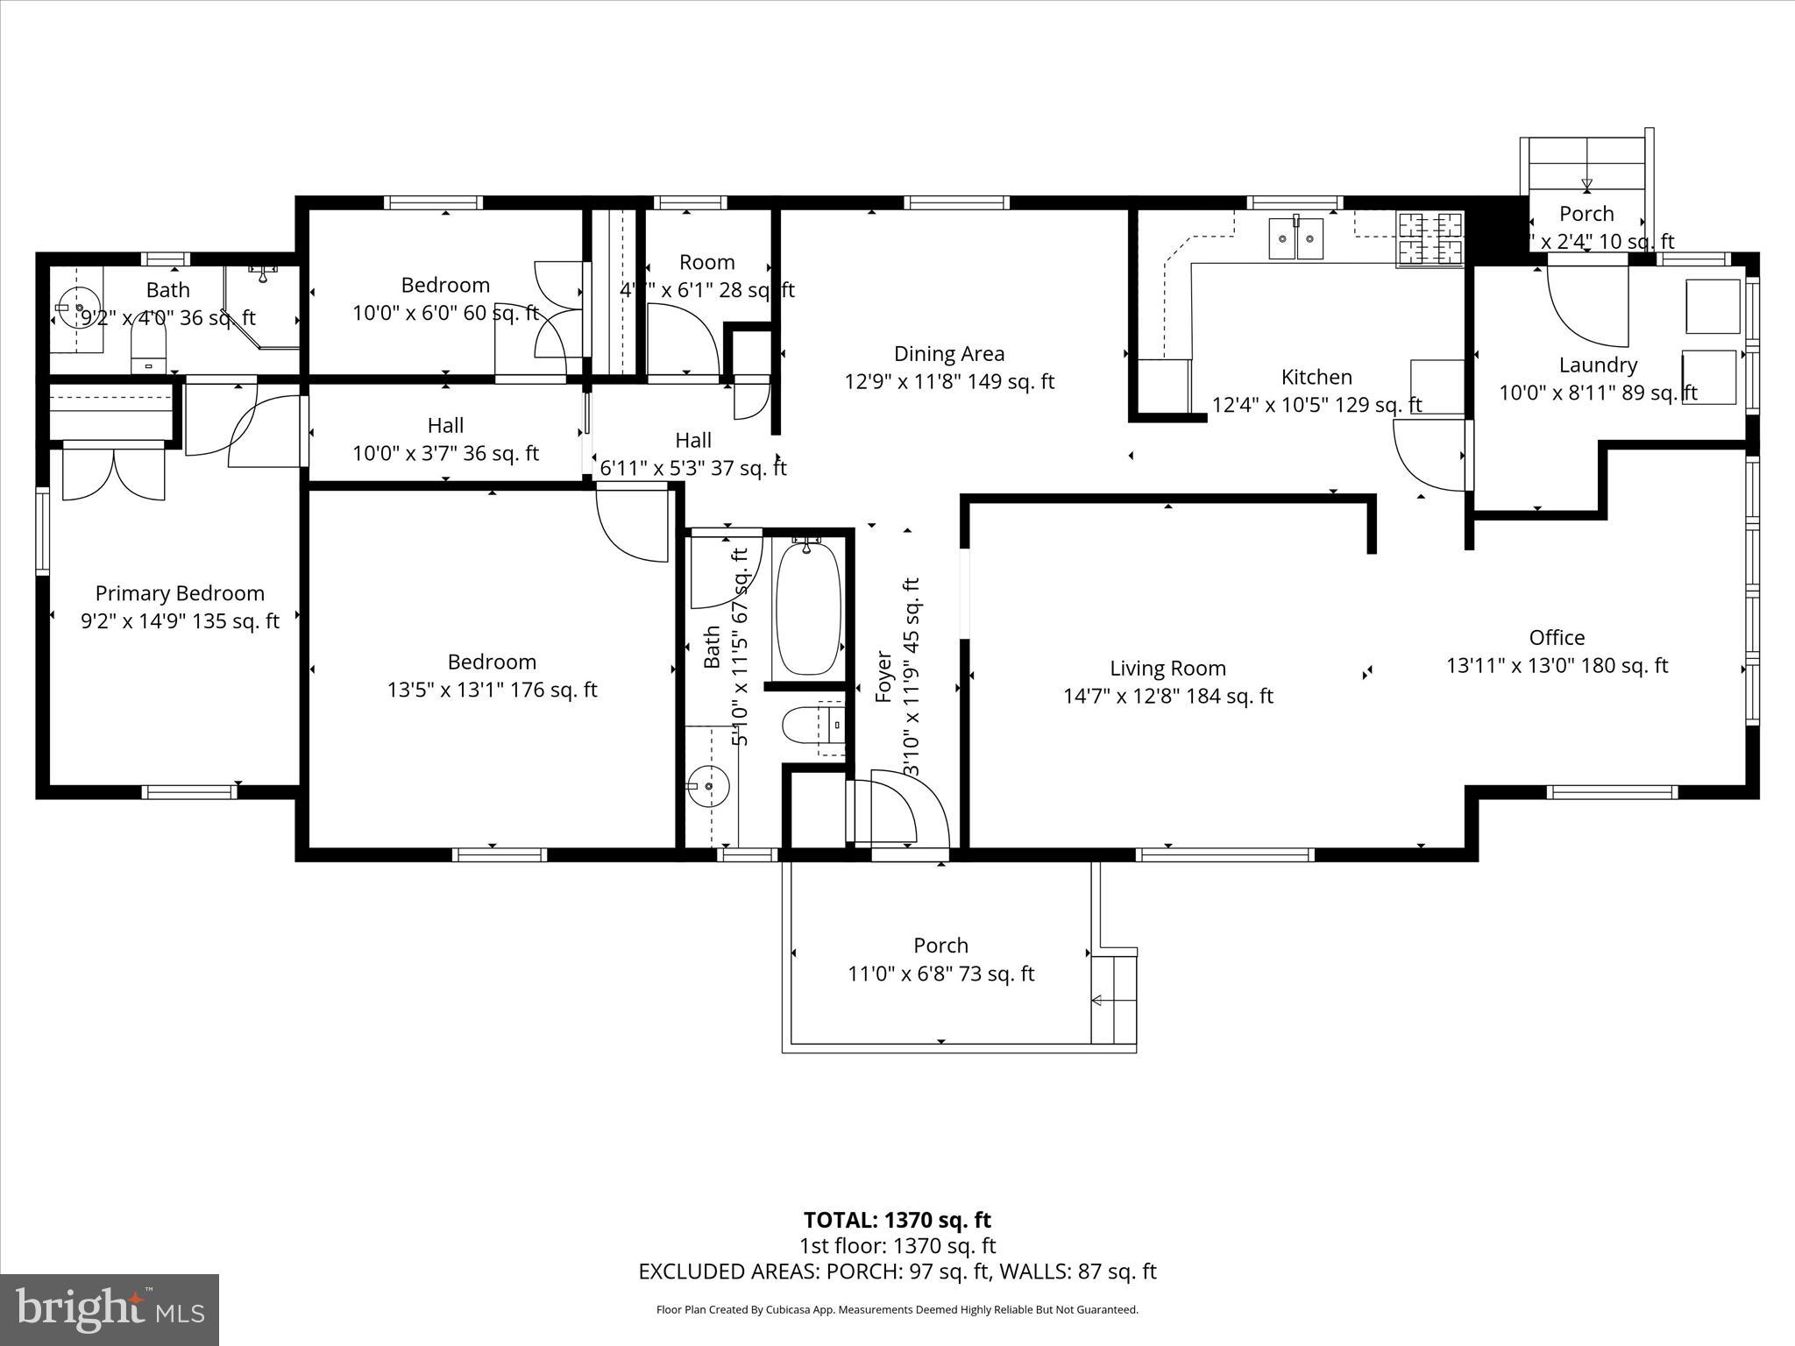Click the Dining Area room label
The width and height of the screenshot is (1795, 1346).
coord(949,354)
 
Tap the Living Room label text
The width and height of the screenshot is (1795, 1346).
coord(1167,669)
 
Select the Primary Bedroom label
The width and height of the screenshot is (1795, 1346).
coord(180,593)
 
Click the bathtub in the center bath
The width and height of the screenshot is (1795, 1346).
coord(808,608)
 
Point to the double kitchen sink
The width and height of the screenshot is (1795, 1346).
coord(1297,239)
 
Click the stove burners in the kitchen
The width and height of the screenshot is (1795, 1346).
coord(1430,238)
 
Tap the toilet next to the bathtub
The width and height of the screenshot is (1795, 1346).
coord(799,726)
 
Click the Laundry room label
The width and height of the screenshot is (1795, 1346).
coord(1598,365)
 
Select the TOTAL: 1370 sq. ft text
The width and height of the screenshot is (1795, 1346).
coord(897,1220)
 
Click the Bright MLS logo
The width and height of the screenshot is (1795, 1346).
coord(110,1310)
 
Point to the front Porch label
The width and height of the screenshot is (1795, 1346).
coord(940,946)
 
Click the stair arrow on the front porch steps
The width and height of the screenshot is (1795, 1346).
coord(1097,1000)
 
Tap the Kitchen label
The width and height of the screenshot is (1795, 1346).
coord(1316,377)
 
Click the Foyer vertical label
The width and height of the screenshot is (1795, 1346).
coord(883,677)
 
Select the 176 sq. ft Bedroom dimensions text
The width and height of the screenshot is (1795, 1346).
coord(492,691)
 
